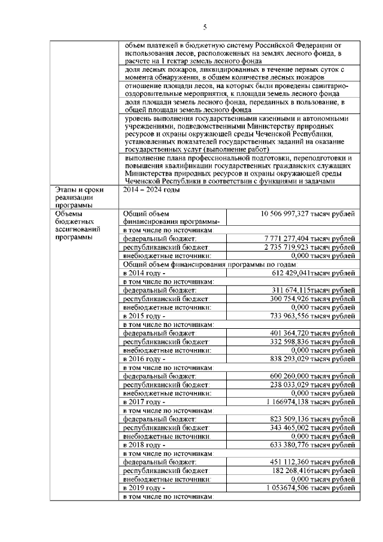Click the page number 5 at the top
(x=204, y=27)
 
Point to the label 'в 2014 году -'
(x=144, y=272)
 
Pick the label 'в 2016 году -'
(x=144, y=358)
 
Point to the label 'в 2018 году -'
(x=144, y=445)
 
